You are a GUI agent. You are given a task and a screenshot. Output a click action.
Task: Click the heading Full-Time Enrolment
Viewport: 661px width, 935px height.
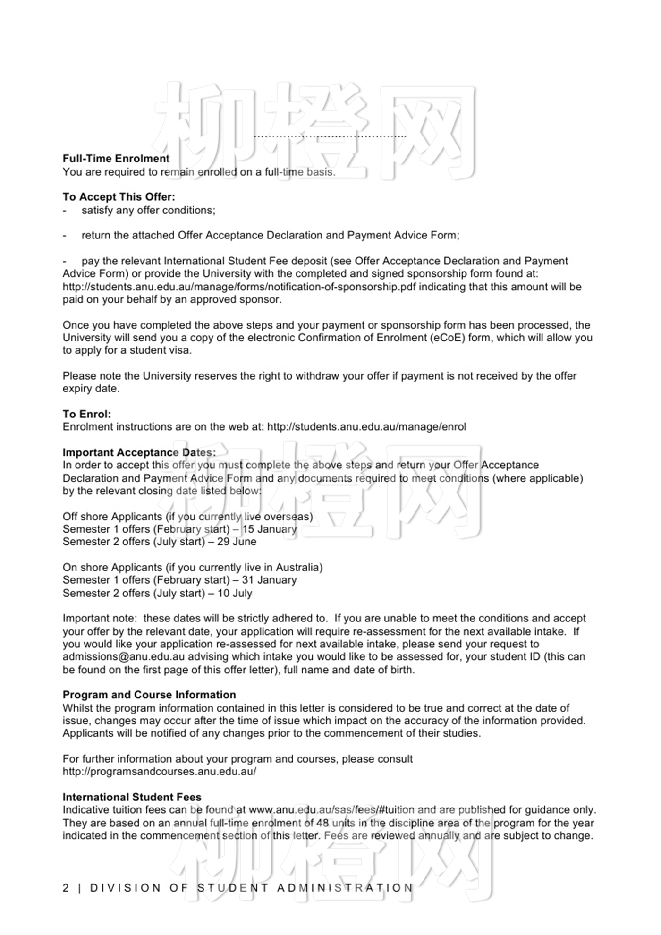116,159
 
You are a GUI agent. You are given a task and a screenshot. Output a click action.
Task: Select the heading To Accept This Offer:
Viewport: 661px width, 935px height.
119,197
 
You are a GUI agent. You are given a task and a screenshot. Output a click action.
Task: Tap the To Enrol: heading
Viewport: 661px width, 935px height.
87,414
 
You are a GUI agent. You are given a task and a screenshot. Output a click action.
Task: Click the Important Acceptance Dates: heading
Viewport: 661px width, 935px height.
139,452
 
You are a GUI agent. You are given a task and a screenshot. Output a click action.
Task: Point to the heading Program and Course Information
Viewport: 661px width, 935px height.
149,695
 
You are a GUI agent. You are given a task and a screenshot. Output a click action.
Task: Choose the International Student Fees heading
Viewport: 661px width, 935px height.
132,797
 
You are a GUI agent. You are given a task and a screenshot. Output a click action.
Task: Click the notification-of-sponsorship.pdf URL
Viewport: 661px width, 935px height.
239,287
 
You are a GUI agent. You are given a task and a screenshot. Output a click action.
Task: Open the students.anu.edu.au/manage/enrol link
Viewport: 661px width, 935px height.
366,427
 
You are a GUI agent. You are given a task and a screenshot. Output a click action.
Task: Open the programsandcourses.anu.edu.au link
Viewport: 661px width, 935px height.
160,772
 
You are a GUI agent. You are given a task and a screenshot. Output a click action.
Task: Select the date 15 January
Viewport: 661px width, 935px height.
269,529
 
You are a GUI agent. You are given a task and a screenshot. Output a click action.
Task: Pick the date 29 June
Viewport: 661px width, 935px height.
237,542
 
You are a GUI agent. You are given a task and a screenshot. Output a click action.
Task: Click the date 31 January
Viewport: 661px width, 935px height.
269,580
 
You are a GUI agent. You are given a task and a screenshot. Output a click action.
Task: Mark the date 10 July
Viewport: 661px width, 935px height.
235,593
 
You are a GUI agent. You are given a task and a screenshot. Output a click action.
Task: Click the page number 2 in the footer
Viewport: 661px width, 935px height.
66,888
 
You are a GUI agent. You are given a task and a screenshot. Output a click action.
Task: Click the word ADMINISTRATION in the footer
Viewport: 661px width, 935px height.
345,888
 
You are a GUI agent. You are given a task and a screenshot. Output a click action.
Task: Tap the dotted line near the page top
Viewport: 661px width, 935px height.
330,136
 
